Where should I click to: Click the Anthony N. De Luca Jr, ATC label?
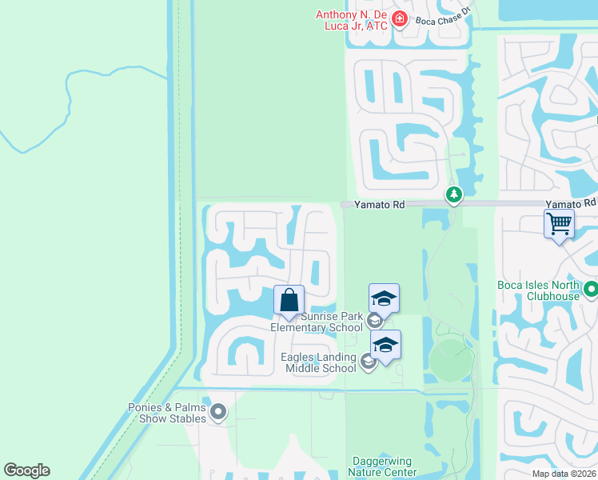click(x=351, y=20)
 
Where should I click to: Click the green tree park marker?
click(x=454, y=194)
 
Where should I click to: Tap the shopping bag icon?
click(x=289, y=300)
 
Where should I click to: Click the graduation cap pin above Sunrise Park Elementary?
click(x=384, y=298)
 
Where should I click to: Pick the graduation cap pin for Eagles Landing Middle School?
click(x=385, y=346)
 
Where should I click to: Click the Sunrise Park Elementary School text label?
click(x=316, y=322)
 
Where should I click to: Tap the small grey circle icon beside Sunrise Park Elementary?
click(x=374, y=322)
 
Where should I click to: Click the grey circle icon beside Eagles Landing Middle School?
click(x=368, y=362)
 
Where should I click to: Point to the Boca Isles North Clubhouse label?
click(x=541, y=290)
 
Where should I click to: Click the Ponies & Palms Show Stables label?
click(x=168, y=412)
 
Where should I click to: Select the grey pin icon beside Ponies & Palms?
click(x=218, y=413)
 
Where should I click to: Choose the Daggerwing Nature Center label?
click(x=385, y=466)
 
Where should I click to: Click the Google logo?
click(x=26, y=470)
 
